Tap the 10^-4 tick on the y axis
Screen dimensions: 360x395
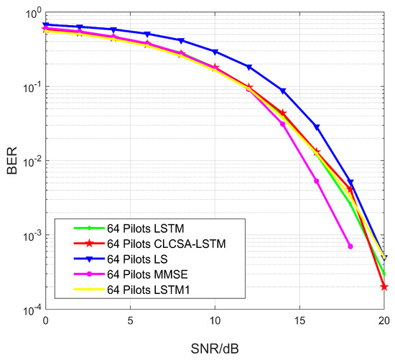[x=27, y=310]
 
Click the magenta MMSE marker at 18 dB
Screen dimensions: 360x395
[x=350, y=246]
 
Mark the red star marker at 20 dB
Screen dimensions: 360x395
[x=384, y=287]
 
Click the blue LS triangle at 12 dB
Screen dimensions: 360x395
[x=249, y=67]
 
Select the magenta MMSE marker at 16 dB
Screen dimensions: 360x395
[x=317, y=181]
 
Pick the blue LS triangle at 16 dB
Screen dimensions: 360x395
[x=317, y=127]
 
